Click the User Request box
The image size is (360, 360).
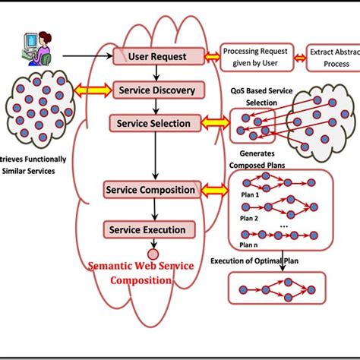tap(156, 56)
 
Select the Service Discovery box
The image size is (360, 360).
tap(156, 90)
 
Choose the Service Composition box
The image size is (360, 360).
tap(152, 188)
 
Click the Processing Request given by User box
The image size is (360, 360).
tap(261, 56)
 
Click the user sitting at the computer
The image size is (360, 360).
tap(33, 48)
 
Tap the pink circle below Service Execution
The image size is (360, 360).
tap(152, 253)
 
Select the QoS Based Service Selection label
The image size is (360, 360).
tap(261, 95)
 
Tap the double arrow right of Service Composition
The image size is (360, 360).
tap(215, 188)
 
